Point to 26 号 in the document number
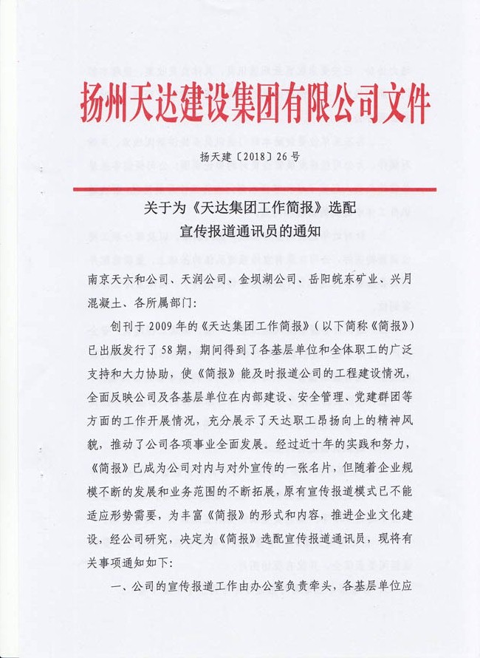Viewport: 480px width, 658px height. pyautogui.click(x=284, y=157)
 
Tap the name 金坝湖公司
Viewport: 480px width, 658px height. pyautogui.click(x=268, y=281)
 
